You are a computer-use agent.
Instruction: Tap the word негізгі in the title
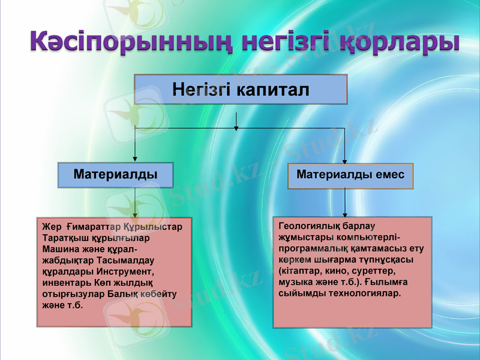coord(280,41)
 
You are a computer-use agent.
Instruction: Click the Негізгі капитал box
coord(241,90)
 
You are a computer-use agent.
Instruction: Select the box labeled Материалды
coord(115,175)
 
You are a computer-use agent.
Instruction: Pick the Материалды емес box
coord(350,175)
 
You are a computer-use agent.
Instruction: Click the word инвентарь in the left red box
coord(64,283)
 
